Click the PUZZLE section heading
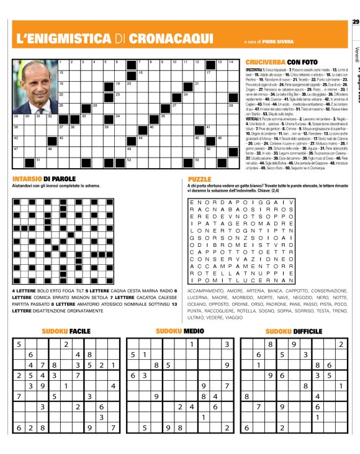click(x=200, y=179)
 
